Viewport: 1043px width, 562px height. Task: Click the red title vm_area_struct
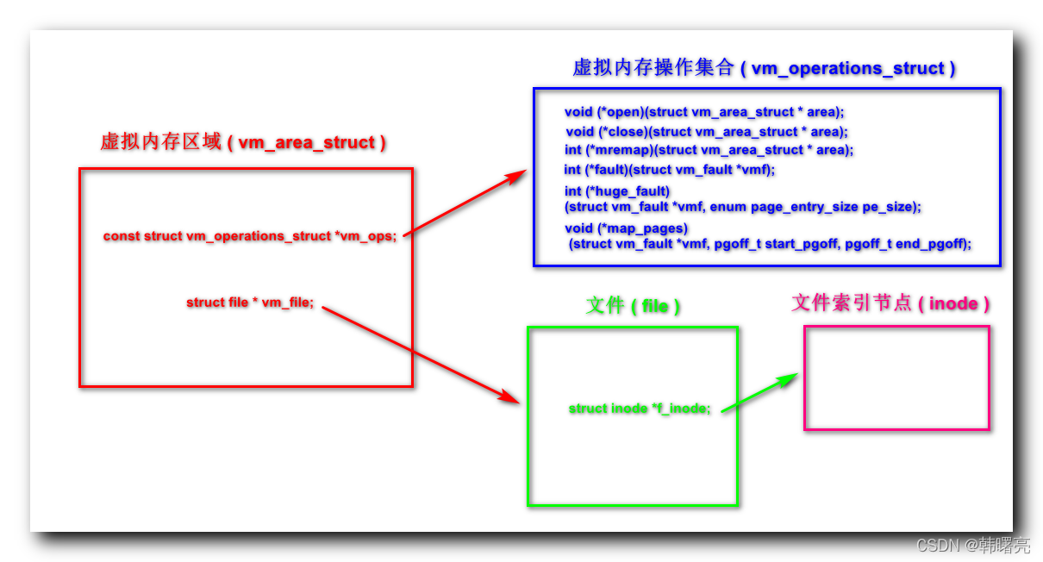[x=243, y=142]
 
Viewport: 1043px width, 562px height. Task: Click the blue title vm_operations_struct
[x=764, y=68]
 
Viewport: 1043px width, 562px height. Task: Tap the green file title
[x=633, y=305]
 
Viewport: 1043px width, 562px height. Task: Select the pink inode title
[x=890, y=303]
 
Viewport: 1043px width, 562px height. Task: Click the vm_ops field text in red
[x=250, y=235]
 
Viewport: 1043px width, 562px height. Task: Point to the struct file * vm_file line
[x=250, y=303]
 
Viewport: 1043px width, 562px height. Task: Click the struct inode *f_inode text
[x=640, y=409]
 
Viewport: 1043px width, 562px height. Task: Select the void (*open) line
[x=704, y=112]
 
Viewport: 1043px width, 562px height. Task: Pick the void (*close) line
[x=707, y=132]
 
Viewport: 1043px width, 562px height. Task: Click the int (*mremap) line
[x=709, y=150]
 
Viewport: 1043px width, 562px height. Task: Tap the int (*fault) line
[x=670, y=170]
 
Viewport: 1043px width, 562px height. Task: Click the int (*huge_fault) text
[x=617, y=190]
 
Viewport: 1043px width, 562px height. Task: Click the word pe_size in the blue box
[x=893, y=207]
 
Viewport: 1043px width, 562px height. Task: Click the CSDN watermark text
[x=972, y=545]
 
